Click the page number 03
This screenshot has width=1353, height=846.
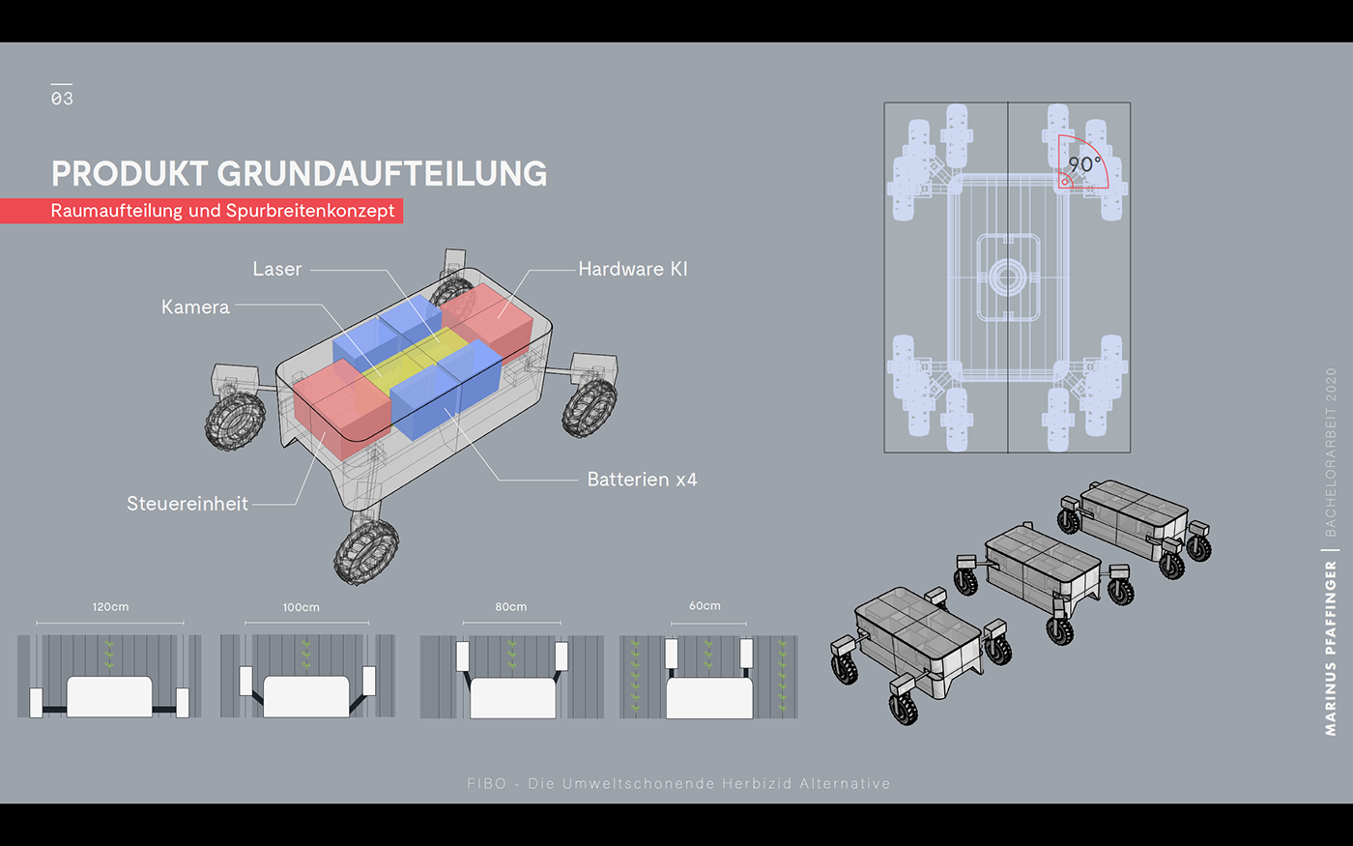(x=62, y=98)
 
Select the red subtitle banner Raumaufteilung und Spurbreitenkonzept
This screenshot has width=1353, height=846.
(x=222, y=211)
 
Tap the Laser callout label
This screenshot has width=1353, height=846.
(x=277, y=270)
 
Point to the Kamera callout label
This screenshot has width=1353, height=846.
(x=195, y=307)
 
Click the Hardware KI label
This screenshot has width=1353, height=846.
(x=633, y=270)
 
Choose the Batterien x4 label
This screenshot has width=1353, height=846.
(x=642, y=480)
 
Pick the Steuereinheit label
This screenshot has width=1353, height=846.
(x=187, y=504)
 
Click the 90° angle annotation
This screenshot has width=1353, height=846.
(x=1084, y=164)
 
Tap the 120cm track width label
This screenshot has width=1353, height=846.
(x=110, y=607)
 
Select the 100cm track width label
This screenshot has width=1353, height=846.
(x=301, y=607)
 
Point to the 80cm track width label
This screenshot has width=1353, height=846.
(x=510, y=607)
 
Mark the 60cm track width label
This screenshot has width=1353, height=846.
(x=705, y=606)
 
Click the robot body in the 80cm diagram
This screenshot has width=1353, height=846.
(x=512, y=696)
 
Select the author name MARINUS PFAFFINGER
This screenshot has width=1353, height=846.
(x=1331, y=648)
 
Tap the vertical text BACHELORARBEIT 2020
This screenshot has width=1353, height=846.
(x=1331, y=452)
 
